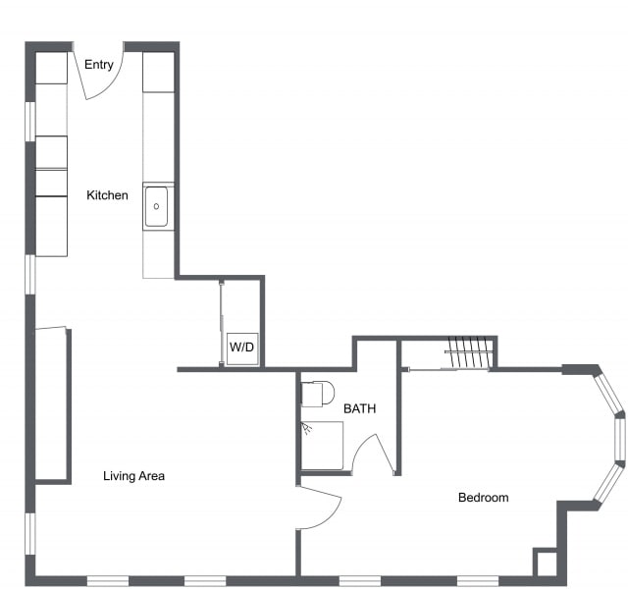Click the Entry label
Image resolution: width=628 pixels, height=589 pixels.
(99, 65)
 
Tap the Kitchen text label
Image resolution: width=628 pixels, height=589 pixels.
(107, 195)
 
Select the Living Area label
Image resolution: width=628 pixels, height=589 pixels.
(134, 476)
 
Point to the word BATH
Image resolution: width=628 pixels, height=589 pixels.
(359, 408)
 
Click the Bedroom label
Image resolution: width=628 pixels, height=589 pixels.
(484, 498)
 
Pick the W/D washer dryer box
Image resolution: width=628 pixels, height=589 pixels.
(242, 348)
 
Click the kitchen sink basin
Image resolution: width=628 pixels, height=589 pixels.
(157, 206)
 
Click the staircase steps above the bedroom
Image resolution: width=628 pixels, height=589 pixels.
(468, 353)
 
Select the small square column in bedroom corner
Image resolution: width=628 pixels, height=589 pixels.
(546, 562)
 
